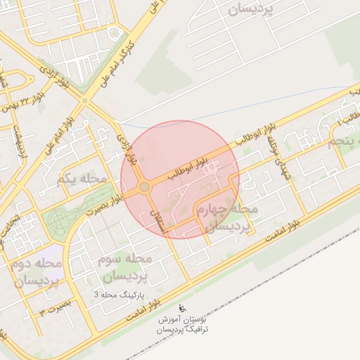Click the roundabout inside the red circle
pos(145,187)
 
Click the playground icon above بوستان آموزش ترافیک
pos(182,307)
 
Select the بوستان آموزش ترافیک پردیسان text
pos(182,324)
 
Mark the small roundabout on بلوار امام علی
pos(84,101)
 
